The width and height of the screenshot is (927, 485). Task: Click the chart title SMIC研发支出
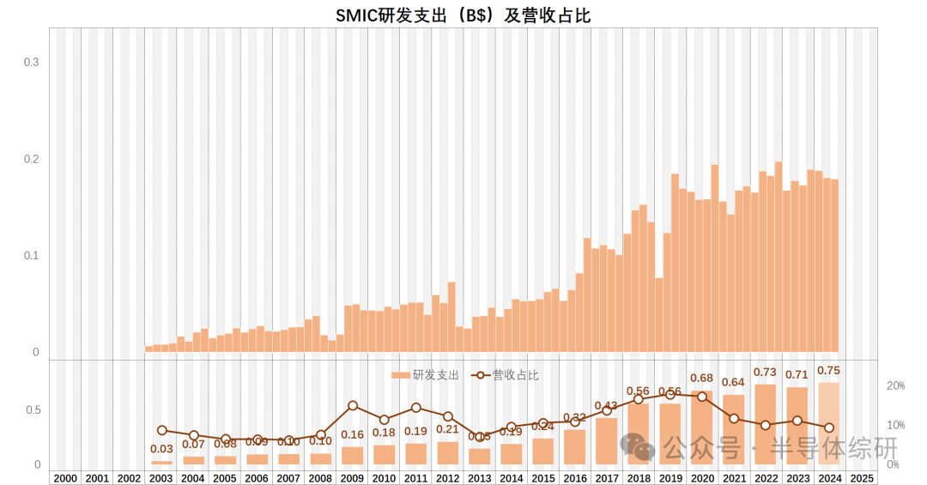pos(463,15)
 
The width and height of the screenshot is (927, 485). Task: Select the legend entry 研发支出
pos(426,375)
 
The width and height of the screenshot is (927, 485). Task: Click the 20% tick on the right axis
pos(895,386)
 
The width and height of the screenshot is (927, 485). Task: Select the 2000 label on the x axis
pos(65,478)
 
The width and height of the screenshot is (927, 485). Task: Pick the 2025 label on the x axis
pos(861,478)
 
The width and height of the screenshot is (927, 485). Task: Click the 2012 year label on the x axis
pos(448,478)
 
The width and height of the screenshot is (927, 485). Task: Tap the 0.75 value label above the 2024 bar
pos(829,370)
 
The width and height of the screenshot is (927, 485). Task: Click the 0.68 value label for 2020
pos(702,378)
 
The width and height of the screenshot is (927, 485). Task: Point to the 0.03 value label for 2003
pos(161,449)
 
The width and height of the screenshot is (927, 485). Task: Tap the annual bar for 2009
pos(353,456)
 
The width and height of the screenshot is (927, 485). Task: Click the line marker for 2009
pos(353,405)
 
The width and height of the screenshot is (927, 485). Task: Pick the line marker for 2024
pos(829,427)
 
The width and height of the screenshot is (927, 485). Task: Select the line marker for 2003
pos(162,430)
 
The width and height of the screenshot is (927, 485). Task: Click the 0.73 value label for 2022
pos(765,372)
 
